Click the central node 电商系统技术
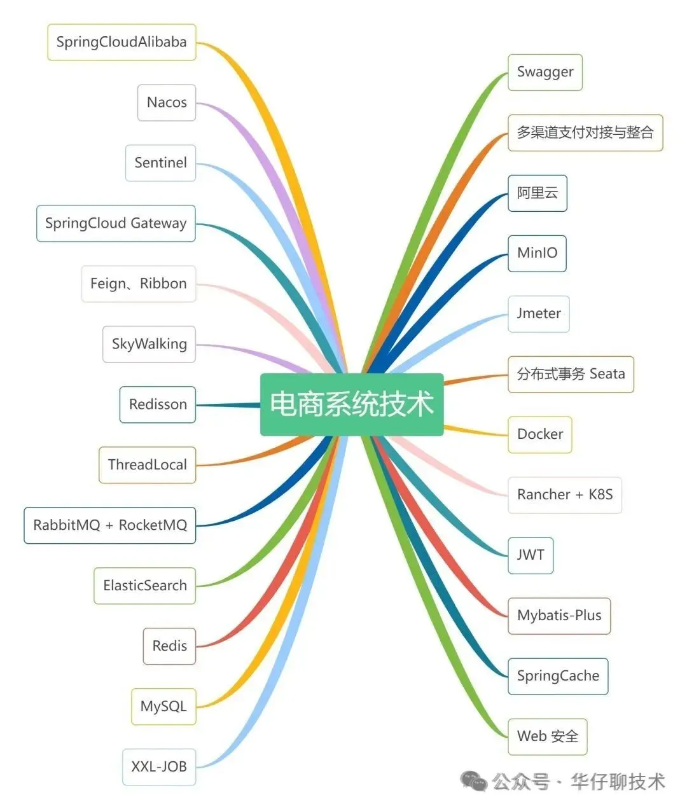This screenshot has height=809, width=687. [351, 405]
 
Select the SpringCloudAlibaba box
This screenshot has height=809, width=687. [121, 43]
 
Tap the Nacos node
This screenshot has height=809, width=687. [167, 102]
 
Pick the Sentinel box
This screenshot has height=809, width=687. [160, 163]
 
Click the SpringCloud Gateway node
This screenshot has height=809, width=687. [116, 223]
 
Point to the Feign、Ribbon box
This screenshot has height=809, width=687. [138, 284]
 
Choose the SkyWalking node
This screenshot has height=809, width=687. [149, 344]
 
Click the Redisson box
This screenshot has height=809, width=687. [158, 405]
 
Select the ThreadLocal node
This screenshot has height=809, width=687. [147, 465]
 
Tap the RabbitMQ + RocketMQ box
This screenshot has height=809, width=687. [110, 525]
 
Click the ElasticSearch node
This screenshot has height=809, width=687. [145, 586]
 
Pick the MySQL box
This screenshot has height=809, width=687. [163, 707]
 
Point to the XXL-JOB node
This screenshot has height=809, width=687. [159, 767]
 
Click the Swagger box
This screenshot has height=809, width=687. [545, 73]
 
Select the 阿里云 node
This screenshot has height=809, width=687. [537, 193]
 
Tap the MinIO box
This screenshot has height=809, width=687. [537, 253]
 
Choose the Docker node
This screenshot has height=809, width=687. [540, 434]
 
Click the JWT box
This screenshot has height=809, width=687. [531, 555]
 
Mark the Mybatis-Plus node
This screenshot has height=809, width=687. [559, 616]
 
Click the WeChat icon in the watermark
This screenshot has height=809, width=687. [474, 781]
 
